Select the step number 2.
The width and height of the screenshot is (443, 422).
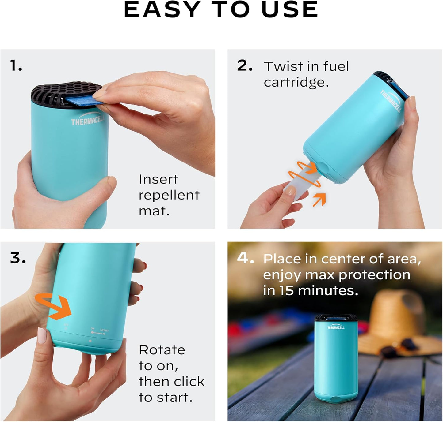[244, 66]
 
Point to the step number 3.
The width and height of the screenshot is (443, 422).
[18, 258]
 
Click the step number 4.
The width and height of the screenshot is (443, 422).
[245, 259]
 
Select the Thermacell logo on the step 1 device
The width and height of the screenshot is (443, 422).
[87, 121]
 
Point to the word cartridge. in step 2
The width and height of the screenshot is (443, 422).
[296, 82]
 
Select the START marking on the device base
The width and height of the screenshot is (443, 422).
[104, 331]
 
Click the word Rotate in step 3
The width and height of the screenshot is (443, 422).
[162, 350]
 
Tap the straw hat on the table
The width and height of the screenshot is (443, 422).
[399, 318]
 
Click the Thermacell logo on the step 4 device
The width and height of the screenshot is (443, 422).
[336, 327]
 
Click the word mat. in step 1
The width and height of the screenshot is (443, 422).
[154, 211]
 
